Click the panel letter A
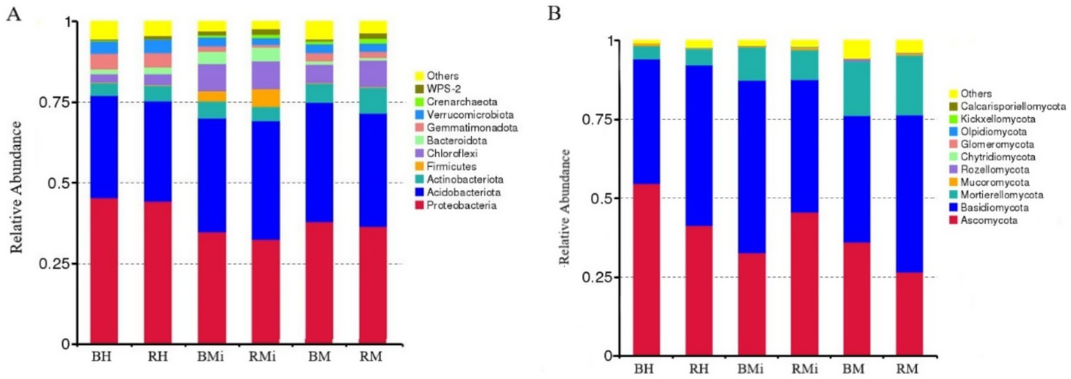coord(13,15)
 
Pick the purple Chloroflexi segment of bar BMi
coord(211,77)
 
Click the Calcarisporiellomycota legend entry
coord(1002,106)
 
